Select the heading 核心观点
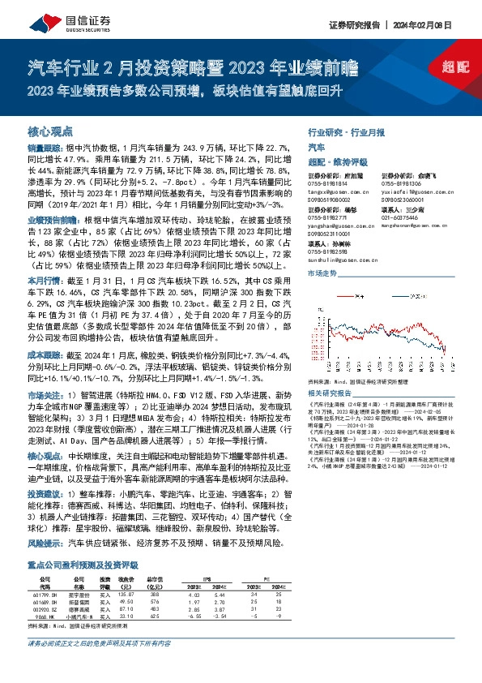50,131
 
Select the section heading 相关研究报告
332,389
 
